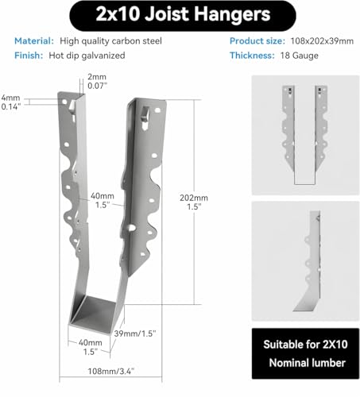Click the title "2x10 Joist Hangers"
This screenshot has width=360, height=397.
coord(183,14)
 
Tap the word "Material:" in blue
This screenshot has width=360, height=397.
coord(34,41)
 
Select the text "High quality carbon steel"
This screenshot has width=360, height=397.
coord(110,41)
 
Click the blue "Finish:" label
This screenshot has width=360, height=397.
coord(29,56)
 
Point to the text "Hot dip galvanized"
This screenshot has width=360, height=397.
coord(87,56)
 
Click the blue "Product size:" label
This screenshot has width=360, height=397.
coord(257,41)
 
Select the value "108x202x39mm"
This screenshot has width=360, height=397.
coord(322,41)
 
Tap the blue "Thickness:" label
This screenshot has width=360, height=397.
coord(252,56)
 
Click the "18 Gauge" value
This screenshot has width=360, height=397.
coord(300,56)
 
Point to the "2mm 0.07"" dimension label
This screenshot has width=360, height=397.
coord(97,81)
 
